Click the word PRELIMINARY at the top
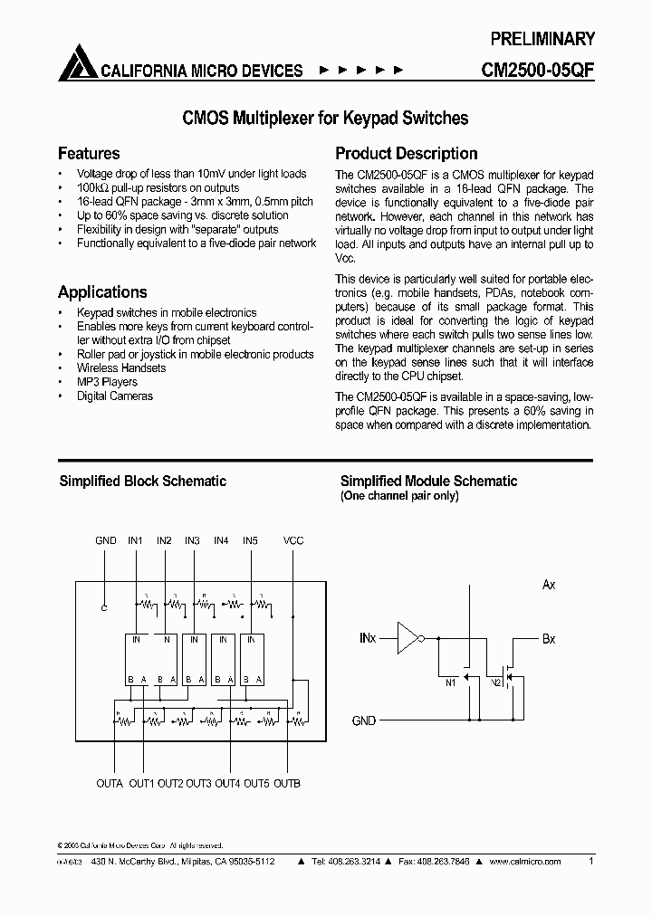(x=542, y=39)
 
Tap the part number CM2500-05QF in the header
(x=535, y=71)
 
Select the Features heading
(x=89, y=153)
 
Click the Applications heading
(x=102, y=291)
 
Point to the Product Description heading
(x=407, y=153)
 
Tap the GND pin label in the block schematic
(x=106, y=540)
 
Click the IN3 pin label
(x=192, y=540)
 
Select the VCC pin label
(x=293, y=540)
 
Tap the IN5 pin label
(x=250, y=540)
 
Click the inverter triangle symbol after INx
(x=407, y=639)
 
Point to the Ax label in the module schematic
(x=549, y=585)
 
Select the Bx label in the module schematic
(x=549, y=639)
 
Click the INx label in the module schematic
(x=368, y=639)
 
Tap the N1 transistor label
(x=450, y=682)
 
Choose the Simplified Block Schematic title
(x=143, y=482)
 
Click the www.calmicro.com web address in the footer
(x=525, y=862)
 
